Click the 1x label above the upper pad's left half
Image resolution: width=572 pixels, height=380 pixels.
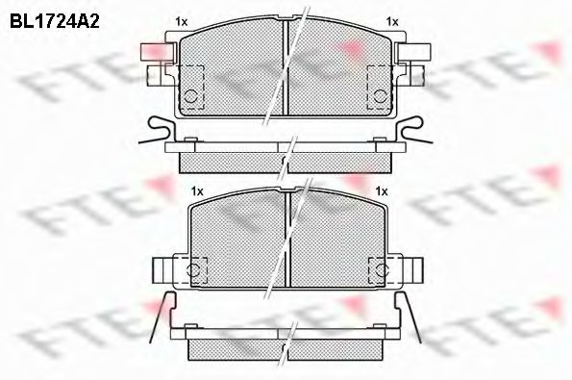181,20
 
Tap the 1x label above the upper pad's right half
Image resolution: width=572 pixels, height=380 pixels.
391,20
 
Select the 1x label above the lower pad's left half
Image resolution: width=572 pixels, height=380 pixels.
196,190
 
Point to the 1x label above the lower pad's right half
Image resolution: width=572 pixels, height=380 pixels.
381,190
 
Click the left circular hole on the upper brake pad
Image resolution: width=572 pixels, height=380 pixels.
190,96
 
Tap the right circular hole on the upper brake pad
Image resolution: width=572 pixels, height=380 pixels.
381,96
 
